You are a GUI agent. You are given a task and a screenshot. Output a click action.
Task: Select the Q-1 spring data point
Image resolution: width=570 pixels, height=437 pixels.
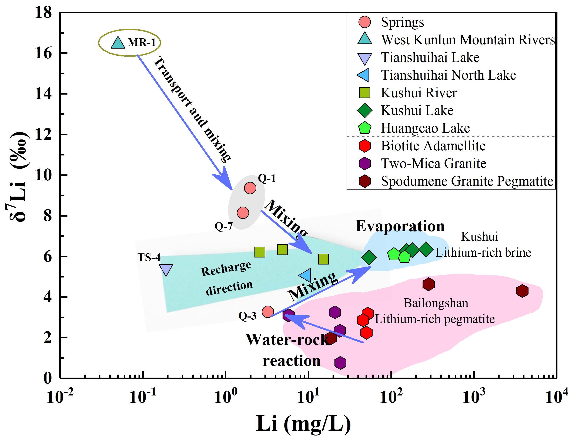coord(250,188)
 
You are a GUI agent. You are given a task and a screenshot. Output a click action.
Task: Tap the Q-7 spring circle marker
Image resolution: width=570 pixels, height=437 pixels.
coord(243,213)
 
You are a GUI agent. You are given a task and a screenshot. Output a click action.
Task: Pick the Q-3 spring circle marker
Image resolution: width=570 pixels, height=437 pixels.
coord(268,312)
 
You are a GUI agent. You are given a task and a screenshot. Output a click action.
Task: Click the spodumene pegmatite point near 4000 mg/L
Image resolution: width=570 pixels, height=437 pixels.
coord(522,291)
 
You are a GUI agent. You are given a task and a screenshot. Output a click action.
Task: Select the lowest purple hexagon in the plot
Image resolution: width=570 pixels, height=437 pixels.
coord(340,363)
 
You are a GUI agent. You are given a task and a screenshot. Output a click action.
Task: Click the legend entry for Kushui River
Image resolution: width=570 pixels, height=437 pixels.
coord(419,93)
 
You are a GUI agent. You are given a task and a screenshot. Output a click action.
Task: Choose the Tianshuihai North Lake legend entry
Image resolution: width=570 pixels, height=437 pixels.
coord(448,75)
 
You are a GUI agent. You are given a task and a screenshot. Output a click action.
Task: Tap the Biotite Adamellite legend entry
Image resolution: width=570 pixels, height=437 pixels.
coord(433,146)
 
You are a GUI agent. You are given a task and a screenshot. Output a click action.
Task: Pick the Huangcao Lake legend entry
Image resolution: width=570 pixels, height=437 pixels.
coord(425,128)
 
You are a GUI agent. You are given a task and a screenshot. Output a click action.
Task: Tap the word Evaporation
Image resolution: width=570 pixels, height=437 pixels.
coord(400,226)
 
